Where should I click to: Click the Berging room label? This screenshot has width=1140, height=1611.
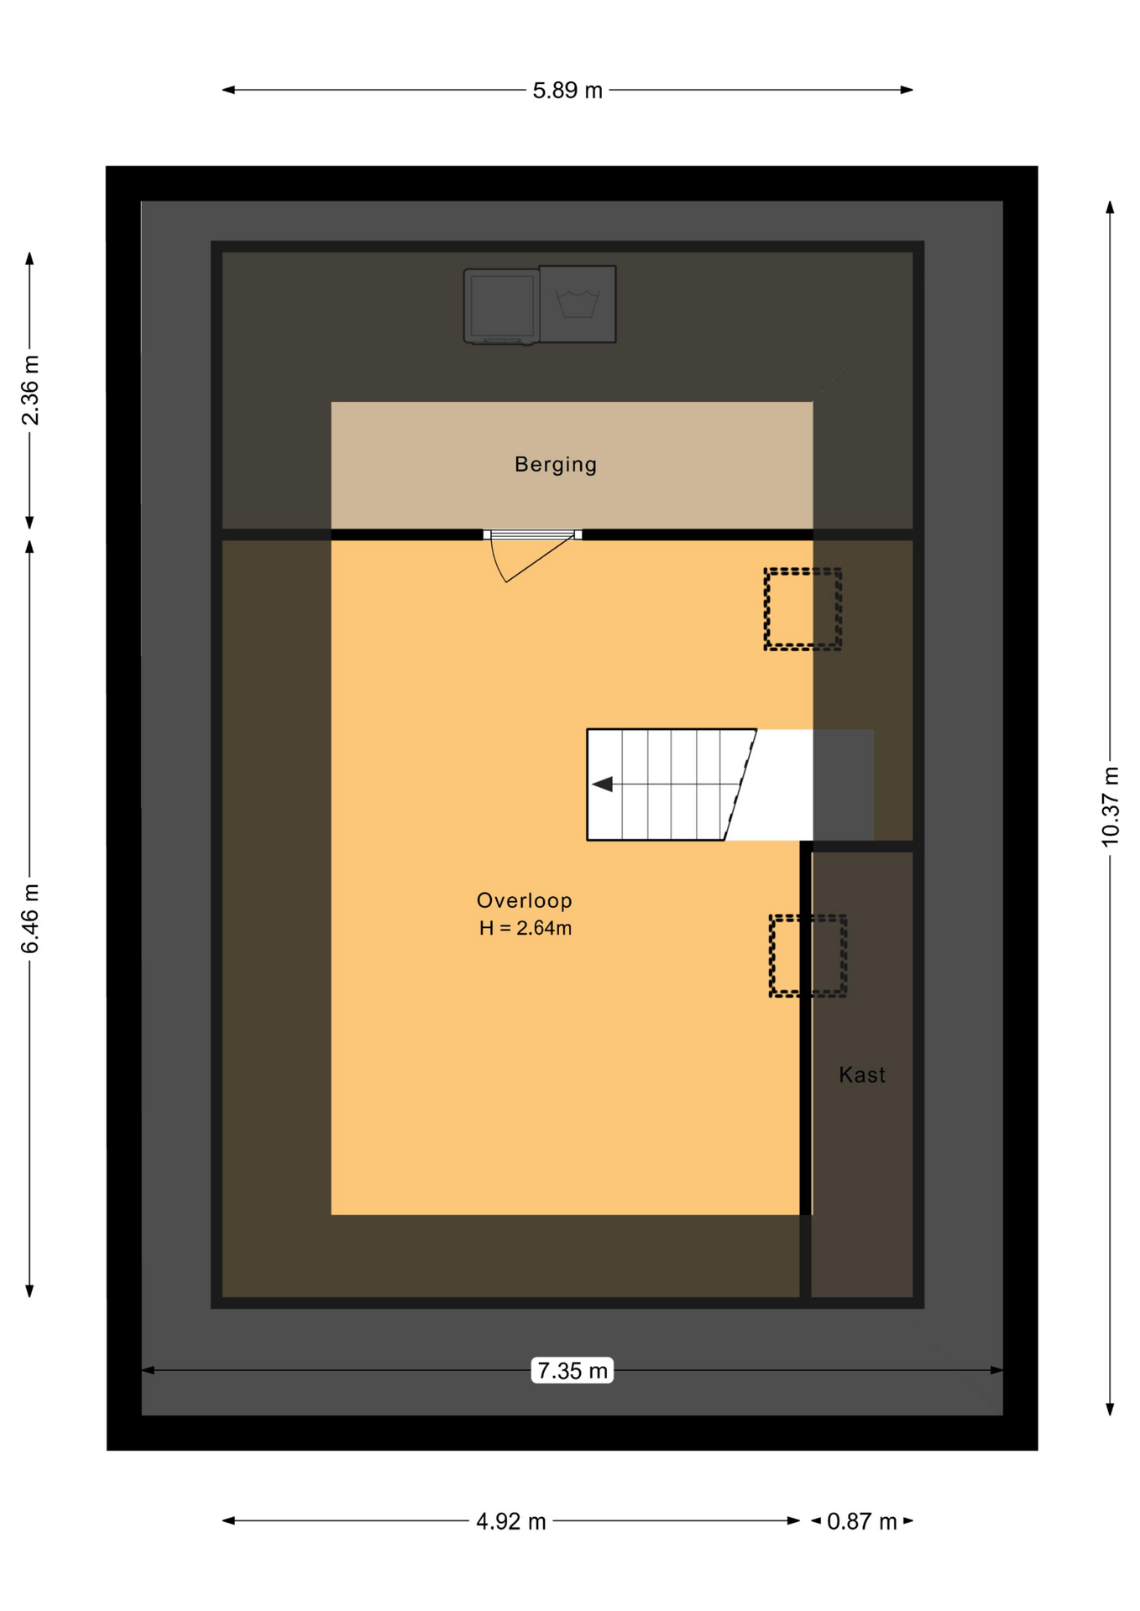click(x=555, y=464)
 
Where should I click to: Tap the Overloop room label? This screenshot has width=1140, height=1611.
click(x=524, y=900)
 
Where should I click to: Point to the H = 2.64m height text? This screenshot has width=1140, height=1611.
click(x=526, y=928)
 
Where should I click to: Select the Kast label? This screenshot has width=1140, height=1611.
click(x=861, y=1075)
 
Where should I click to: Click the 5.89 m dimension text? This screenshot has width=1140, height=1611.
click(x=567, y=91)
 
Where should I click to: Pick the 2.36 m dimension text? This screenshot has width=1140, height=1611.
click(x=30, y=390)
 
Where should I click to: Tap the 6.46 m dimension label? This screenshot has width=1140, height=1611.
click(x=30, y=919)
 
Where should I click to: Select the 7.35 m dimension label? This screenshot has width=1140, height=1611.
click(x=572, y=1371)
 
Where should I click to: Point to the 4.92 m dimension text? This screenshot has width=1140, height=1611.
click(x=510, y=1521)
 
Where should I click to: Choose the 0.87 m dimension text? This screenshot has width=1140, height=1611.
click(x=861, y=1521)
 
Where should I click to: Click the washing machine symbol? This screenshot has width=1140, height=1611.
click(x=578, y=304)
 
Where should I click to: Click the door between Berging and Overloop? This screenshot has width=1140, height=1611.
click(x=532, y=534)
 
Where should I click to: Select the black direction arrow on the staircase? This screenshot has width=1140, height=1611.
click(x=603, y=785)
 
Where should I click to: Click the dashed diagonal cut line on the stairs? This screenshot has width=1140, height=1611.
click(x=740, y=785)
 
